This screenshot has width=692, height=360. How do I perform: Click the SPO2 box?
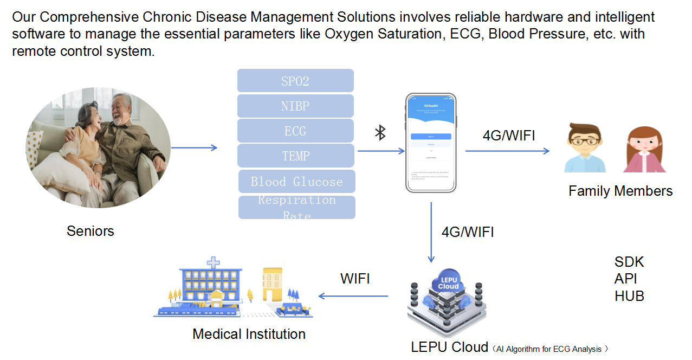pos(295,81)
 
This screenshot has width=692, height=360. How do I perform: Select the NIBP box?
pos(295,106)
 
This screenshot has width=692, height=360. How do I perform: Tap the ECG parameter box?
pos(295,131)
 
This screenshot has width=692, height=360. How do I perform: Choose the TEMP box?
pos(295,156)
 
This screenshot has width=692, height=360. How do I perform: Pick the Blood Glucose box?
pos(296,182)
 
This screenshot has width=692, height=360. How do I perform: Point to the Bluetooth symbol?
pos(380,132)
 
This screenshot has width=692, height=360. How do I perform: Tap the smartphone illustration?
pos(431,143)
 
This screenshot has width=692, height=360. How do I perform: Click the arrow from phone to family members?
pos(507,151)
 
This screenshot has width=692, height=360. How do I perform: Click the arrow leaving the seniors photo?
pos(194,147)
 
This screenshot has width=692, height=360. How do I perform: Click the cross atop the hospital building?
pos(214,263)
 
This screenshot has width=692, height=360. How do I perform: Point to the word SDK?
pos(629,262)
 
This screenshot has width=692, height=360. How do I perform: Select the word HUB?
pos(629,296)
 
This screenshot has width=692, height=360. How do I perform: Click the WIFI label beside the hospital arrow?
pos(355,279)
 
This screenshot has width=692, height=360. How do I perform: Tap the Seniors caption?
pos(90,231)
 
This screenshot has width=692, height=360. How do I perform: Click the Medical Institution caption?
pos(249,334)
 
